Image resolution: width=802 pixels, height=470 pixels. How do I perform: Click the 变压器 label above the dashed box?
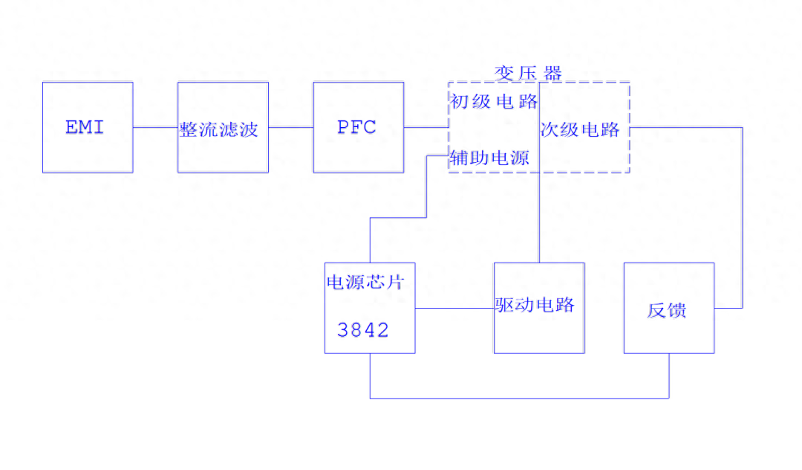coord(529,73)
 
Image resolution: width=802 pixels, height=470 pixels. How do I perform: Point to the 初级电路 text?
coord(494,100)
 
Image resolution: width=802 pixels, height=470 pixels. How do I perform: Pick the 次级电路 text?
coord(581,129)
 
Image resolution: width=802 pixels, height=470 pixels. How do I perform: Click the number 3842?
coord(363,330)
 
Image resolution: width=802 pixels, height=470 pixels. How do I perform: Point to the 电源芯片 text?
coord(366,283)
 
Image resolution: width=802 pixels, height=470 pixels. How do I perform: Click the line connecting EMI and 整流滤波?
coord(155,127)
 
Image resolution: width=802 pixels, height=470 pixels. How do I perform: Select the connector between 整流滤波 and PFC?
coord(290,127)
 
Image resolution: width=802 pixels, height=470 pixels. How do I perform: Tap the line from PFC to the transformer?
coord(426,127)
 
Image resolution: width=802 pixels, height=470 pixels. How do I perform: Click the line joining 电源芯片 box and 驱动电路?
coord(454,308)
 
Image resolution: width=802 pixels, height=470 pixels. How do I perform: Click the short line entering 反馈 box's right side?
coord(728,308)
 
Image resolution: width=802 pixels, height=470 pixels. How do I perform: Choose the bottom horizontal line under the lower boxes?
coord(520,398)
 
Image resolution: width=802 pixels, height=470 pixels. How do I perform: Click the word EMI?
coord(85,127)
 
